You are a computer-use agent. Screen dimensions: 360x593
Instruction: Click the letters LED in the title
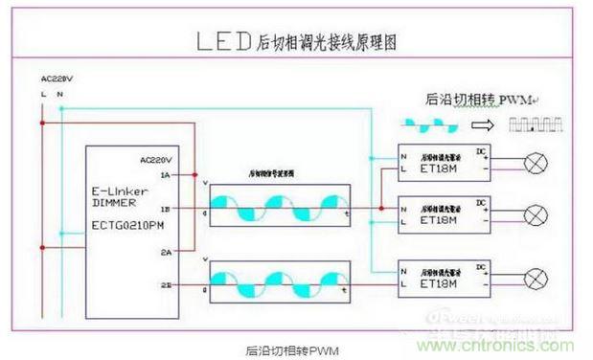223,41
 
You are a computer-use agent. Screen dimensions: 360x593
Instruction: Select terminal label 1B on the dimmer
166,208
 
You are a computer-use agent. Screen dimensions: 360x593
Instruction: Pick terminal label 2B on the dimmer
166,284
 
